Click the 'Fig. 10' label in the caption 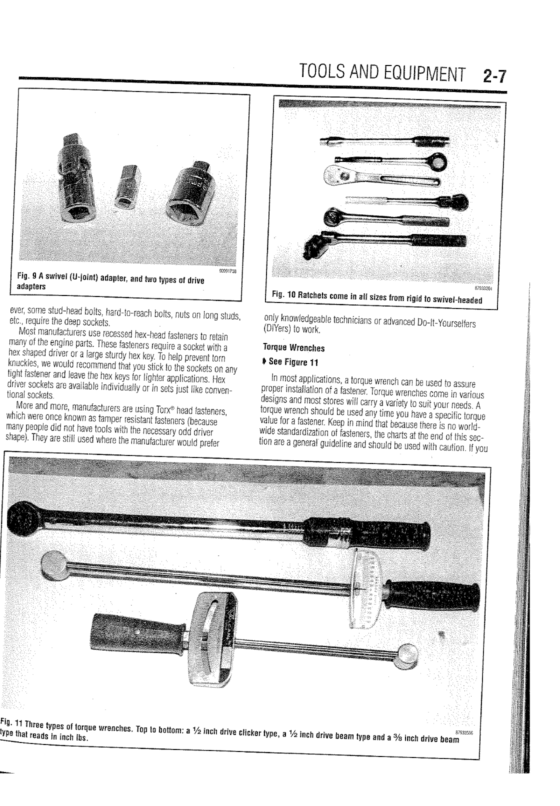click(x=283, y=298)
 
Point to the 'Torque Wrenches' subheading click(x=293, y=348)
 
